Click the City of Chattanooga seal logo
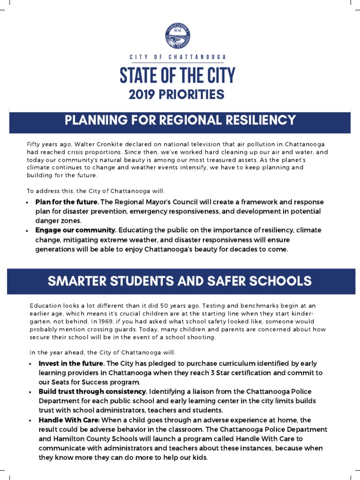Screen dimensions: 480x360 tap(178, 36)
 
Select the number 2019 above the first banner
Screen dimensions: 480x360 tap(142, 95)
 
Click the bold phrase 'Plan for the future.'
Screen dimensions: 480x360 tap(67, 202)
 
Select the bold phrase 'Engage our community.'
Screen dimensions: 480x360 tap(76, 230)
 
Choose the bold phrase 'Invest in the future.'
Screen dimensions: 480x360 tap(72, 363)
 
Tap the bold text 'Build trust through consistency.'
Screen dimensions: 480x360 tap(93, 391)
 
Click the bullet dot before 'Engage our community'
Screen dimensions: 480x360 tap(29, 231)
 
